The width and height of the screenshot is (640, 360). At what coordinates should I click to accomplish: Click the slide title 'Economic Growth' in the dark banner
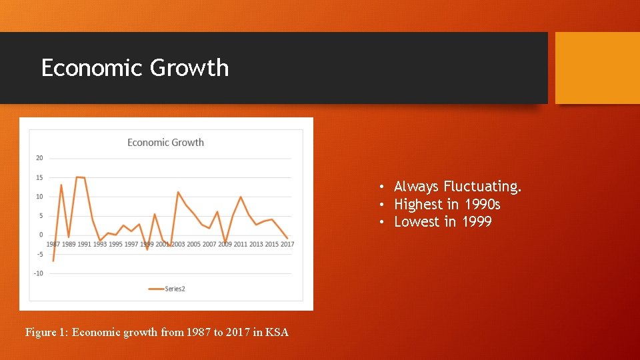click(x=135, y=67)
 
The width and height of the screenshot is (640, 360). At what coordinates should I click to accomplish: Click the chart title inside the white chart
click(x=165, y=142)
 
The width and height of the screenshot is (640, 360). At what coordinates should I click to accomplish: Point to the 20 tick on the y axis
click(x=39, y=158)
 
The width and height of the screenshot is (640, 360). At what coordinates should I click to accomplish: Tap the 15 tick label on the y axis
click(x=39, y=177)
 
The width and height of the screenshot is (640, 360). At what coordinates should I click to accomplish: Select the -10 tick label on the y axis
click(x=39, y=273)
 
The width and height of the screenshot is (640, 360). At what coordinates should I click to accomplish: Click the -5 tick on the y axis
click(x=39, y=254)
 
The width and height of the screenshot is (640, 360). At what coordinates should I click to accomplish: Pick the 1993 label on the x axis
click(x=100, y=244)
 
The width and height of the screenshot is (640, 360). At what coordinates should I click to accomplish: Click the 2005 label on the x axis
click(x=193, y=244)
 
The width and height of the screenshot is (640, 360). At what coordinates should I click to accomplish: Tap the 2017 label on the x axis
click(x=287, y=244)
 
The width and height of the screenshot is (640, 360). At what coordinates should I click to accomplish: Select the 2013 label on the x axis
click(x=257, y=244)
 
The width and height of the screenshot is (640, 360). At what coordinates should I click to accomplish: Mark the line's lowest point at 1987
click(x=53, y=261)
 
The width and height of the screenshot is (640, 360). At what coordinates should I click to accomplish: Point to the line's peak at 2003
click(x=178, y=192)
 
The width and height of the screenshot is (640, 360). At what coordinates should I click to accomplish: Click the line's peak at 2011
click(x=241, y=197)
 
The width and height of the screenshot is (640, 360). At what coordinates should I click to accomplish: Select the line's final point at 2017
click(x=287, y=238)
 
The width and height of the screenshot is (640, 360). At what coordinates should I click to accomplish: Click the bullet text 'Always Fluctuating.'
click(x=457, y=187)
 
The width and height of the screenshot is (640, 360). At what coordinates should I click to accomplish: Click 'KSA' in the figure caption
click(x=277, y=332)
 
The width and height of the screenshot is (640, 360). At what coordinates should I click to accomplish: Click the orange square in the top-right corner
click(x=597, y=68)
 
